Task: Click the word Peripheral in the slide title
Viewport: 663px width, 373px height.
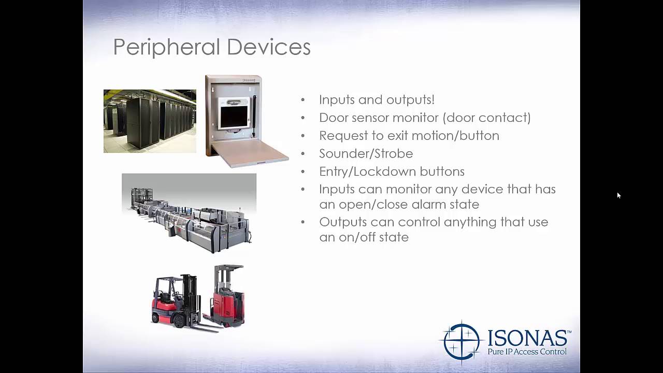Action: tap(167, 47)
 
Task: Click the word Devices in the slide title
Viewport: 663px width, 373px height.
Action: tap(268, 47)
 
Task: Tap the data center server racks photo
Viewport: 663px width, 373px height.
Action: tap(150, 121)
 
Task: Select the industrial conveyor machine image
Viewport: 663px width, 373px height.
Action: tap(189, 213)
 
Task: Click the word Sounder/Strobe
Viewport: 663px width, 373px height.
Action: tap(366, 154)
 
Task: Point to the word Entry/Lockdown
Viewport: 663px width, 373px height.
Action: tap(366, 171)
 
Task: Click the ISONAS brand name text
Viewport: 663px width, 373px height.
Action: tap(528, 338)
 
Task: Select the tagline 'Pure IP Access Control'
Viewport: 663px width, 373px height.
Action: tap(527, 352)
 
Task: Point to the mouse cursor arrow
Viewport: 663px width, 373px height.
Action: tap(618, 195)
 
